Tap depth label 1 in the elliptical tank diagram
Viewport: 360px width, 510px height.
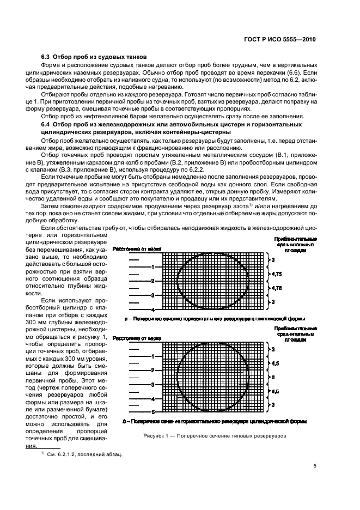(x=153, y=267)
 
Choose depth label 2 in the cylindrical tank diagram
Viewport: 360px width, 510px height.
(x=153, y=371)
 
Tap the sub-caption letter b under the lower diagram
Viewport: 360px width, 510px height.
(x=125, y=421)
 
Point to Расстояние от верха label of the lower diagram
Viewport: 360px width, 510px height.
(x=137, y=338)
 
